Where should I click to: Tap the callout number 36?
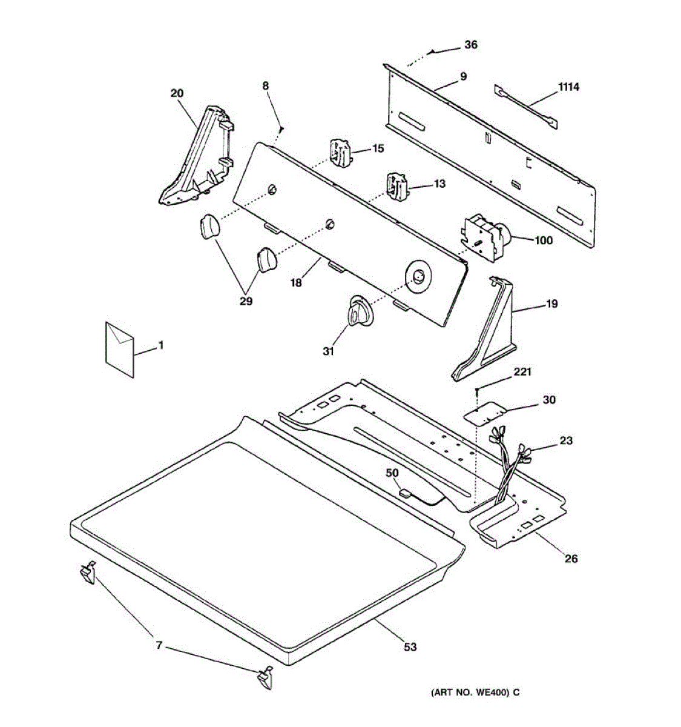pyautogui.click(x=470, y=45)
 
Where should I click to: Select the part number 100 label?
pyautogui.click(x=544, y=241)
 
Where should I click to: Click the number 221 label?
pyautogui.click(x=522, y=372)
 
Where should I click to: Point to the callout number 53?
pyautogui.click(x=410, y=647)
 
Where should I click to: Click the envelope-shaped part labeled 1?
pyautogui.click(x=120, y=350)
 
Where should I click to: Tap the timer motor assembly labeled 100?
pyautogui.click(x=486, y=237)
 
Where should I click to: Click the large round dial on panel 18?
pyautogui.click(x=418, y=278)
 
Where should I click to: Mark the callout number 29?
pyautogui.click(x=246, y=301)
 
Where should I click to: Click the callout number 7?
pyautogui.click(x=159, y=646)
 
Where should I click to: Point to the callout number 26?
pyautogui.click(x=571, y=559)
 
